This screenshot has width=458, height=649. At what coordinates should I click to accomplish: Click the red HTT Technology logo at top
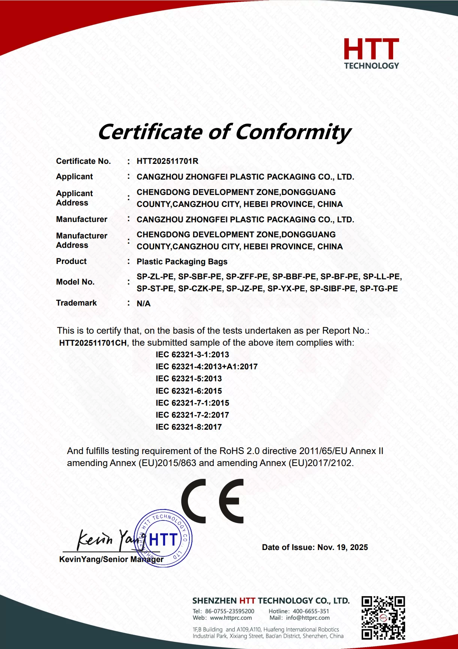click(371, 54)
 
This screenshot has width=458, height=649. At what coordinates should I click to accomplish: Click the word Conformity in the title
click(293, 132)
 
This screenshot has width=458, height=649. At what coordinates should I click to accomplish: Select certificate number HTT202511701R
click(167, 161)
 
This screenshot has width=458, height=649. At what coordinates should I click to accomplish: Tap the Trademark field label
click(77, 303)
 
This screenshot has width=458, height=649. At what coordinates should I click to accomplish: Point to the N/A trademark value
click(144, 304)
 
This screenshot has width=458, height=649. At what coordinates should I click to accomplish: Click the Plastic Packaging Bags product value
click(182, 262)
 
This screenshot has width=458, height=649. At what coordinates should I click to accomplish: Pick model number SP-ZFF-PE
click(247, 277)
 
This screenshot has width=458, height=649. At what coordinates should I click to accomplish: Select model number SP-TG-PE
click(379, 289)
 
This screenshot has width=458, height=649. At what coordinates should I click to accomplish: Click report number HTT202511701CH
click(93, 343)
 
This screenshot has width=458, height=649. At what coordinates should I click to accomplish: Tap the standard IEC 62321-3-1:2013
click(192, 355)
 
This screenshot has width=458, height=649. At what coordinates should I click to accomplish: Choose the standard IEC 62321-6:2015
click(189, 391)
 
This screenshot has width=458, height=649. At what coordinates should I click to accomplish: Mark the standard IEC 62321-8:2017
click(189, 427)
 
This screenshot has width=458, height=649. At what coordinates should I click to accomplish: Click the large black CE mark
click(213, 501)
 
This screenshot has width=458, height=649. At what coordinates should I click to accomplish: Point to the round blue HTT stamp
click(163, 538)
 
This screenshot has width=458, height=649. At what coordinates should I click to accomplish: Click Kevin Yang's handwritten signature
click(105, 540)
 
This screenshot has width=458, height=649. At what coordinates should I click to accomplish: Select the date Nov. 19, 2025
click(342, 547)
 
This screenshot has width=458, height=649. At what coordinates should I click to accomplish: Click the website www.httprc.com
click(231, 618)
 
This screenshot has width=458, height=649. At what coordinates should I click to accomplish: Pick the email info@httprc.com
click(308, 618)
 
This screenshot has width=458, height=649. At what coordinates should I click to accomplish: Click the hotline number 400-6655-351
click(311, 611)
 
